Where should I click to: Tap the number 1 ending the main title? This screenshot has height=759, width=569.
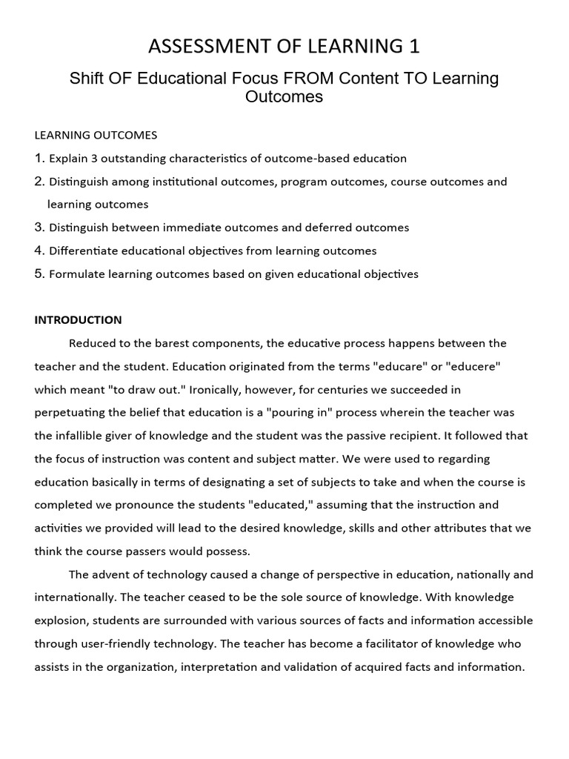414,47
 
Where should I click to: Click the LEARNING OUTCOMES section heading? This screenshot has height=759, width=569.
96,135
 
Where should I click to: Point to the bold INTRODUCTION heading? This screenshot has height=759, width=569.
78,320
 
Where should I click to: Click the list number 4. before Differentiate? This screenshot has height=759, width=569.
40,251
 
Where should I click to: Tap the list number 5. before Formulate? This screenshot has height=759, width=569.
40,274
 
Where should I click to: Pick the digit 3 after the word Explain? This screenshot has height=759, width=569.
90,159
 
